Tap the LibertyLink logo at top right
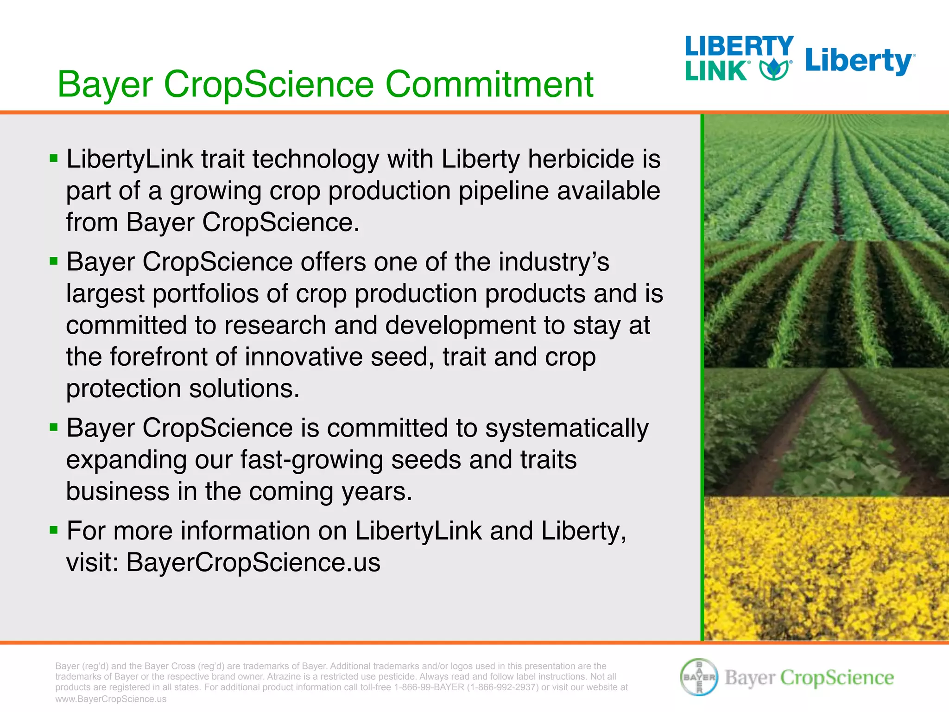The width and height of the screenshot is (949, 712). pos(739,58)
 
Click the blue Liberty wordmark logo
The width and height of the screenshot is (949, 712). pos(860,62)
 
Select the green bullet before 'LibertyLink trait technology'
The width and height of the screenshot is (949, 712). pos(54,159)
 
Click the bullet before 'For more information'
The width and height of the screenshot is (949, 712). pos(54,530)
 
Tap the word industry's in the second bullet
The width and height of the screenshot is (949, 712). pos(554,262)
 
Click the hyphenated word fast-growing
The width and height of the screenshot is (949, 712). pos(311,460)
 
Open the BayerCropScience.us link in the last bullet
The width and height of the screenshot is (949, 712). pos(253,562)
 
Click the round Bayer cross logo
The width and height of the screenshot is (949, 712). pos(699,677)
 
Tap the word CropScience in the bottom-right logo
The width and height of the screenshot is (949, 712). pos(837,678)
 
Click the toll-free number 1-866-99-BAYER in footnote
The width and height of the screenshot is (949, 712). pos(429,687)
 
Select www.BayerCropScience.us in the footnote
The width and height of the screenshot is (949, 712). pos(111,699)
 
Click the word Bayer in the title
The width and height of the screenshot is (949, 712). pos(105,84)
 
